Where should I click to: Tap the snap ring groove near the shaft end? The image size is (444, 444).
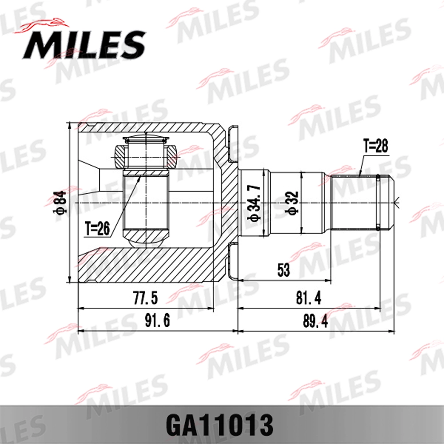(x=377, y=203)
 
